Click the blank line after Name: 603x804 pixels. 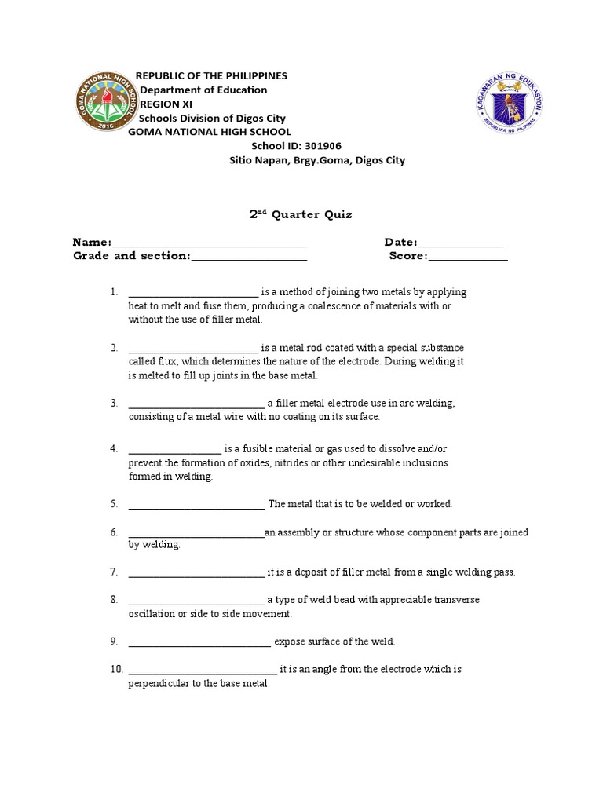pos(210,243)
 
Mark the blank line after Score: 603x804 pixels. pos(468,256)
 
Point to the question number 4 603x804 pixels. pos(114,449)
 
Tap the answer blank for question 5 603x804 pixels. pos(196,504)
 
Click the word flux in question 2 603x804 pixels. pos(168,362)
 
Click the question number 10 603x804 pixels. pos(116,670)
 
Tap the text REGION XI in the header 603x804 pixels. pos(166,104)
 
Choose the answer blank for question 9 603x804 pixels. pos(199,642)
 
